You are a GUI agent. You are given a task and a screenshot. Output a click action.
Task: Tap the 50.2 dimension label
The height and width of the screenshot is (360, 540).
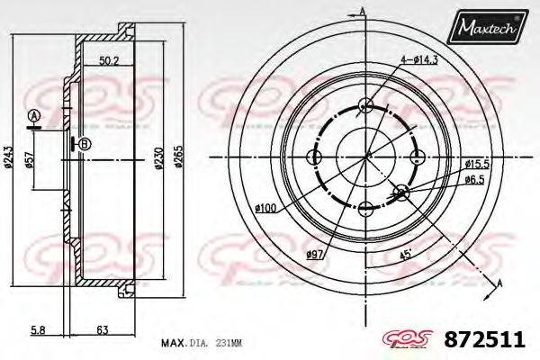tap(110, 61)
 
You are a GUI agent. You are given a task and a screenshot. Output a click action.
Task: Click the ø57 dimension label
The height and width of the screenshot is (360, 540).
tap(32, 160)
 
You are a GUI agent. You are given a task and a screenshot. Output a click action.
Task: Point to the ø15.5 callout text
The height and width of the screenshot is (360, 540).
tap(477, 163)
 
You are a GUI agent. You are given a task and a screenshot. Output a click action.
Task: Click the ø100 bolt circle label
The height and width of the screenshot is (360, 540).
tap(265, 210)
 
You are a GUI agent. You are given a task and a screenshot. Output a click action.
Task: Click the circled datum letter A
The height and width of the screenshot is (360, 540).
tap(33, 116)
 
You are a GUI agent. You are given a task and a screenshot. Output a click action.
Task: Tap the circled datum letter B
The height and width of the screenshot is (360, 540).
tap(84, 144)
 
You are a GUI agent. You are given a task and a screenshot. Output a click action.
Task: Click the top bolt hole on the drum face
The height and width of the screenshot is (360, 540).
tap(364, 105)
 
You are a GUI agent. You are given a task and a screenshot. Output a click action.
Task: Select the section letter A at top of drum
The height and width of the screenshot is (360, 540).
tap(363, 11)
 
